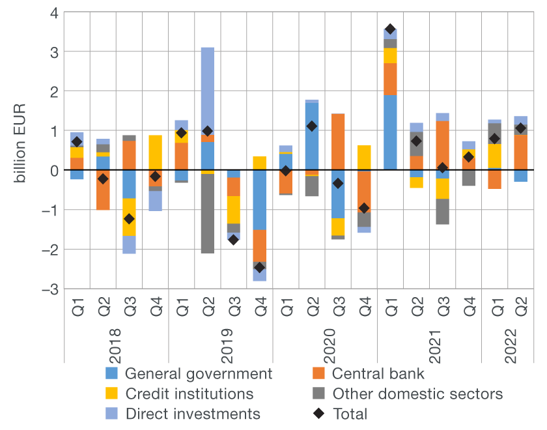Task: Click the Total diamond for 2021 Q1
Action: (390, 29)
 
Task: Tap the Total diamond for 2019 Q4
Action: (259, 267)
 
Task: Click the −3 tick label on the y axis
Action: (51, 289)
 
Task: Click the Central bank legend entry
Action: (378, 374)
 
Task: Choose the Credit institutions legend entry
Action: (189, 394)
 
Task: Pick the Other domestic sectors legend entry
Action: (417, 394)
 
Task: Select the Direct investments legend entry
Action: (192, 414)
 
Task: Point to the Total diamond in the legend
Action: (318, 414)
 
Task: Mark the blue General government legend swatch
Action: (112, 374)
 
